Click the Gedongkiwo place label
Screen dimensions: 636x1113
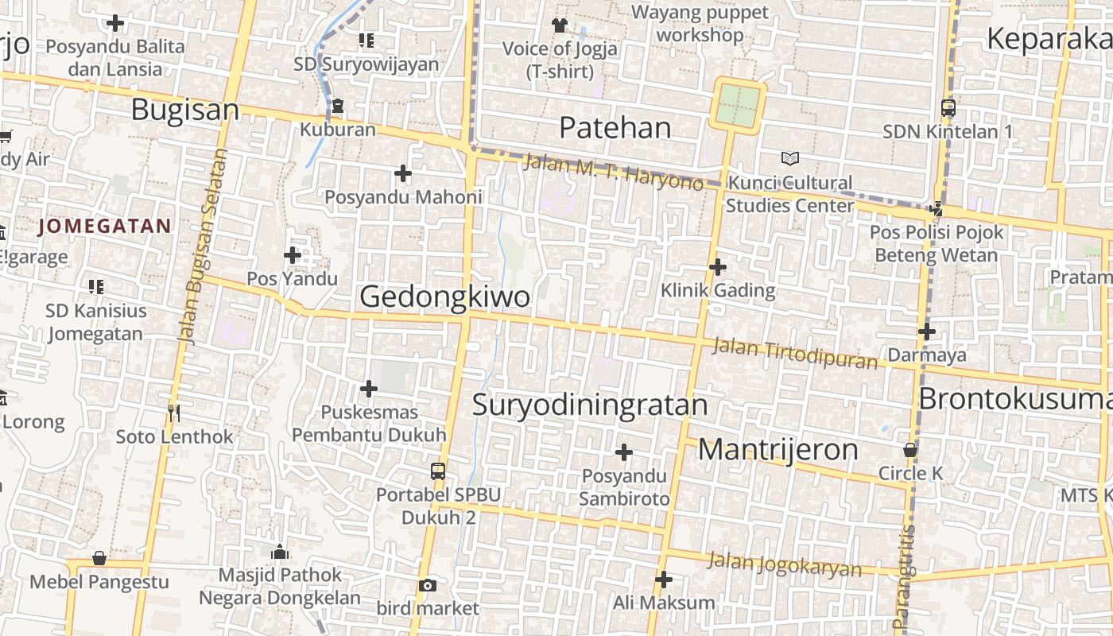[444, 297]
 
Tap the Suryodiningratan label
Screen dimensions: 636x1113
[590, 405]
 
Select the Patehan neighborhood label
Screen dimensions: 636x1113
[615, 127]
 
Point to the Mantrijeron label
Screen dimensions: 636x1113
[778, 450]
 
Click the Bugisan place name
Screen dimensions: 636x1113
[184, 110]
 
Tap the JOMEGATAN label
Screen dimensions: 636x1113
[104, 227]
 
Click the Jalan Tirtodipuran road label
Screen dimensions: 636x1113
[795, 354]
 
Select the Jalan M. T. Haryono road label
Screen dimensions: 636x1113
[614, 172]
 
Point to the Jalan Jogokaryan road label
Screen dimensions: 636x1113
[785, 564]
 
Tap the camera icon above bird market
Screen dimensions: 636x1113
[428, 586]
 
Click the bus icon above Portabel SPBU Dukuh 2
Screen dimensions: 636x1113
[438, 471]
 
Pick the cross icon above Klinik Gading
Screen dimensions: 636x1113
[718, 267]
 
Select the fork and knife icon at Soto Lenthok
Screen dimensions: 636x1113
[175, 413]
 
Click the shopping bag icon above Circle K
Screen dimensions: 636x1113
[910, 451]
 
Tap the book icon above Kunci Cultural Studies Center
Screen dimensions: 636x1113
[789, 159]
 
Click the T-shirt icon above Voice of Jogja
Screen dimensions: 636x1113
[560, 25]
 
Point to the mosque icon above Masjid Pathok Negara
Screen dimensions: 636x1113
[280, 552]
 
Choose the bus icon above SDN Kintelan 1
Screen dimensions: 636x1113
[948, 108]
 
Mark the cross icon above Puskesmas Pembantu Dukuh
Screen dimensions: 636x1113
[369, 389]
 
